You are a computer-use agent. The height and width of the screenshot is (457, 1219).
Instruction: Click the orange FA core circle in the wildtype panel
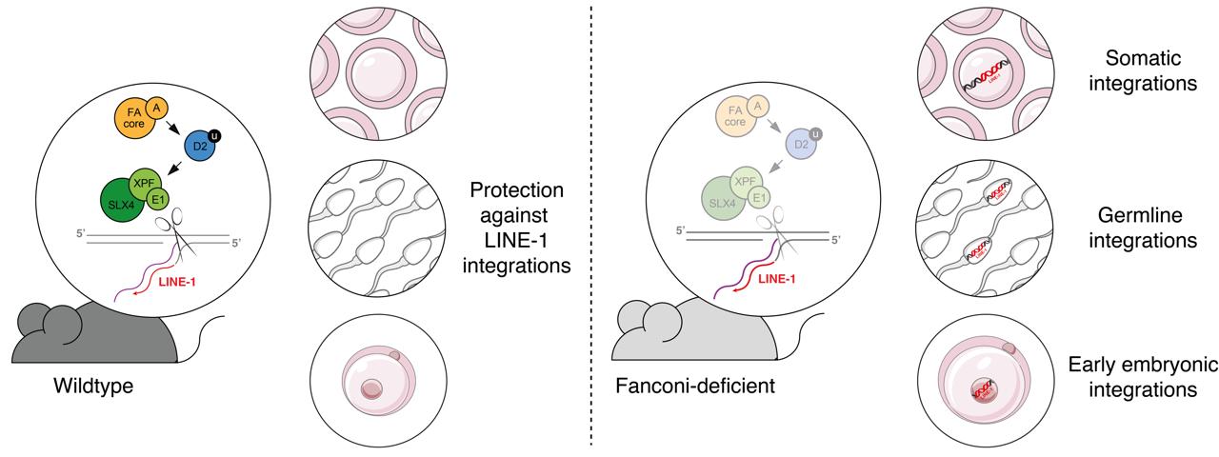[x=132, y=123]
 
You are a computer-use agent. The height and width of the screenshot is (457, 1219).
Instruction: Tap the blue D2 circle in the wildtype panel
[x=199, y=146]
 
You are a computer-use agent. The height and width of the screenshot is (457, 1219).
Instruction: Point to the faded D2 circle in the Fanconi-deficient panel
[x=802, y=146]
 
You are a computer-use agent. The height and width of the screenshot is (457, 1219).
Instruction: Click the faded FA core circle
[x=734, y=122]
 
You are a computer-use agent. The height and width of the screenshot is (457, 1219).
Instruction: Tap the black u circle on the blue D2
[x=214, y=132]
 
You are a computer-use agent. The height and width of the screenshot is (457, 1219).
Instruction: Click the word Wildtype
[x=93, y=387]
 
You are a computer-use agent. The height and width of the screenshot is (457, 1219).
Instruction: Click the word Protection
[x=516, y=189]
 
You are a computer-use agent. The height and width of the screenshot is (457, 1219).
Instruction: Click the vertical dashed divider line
[x=591, y=228]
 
